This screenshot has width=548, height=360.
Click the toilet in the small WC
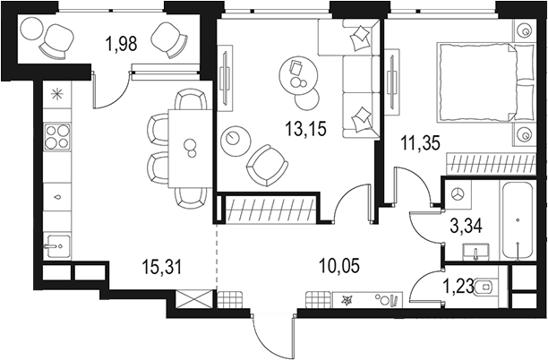[x=487, y=287]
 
